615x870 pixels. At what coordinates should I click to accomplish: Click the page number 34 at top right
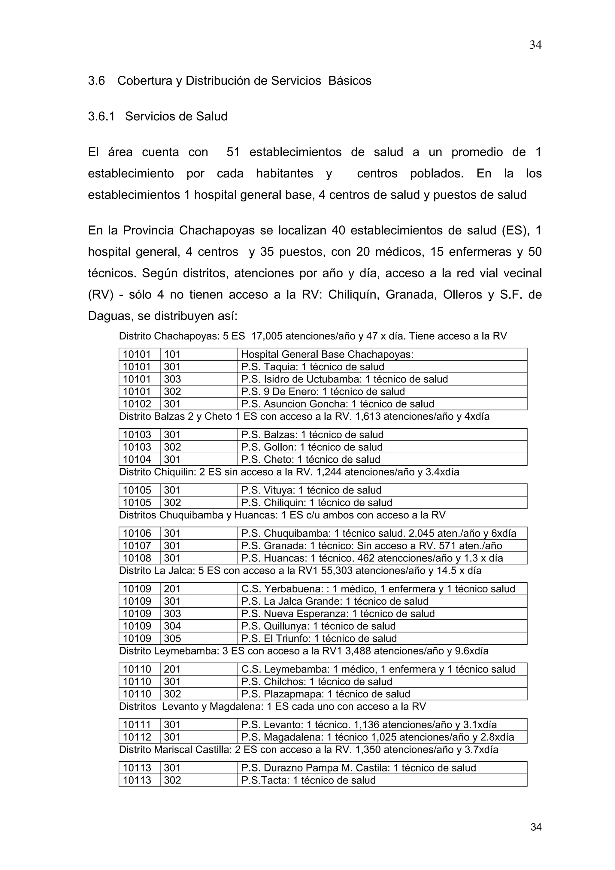tap(535, 45)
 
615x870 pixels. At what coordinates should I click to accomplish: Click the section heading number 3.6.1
tap(101, 116)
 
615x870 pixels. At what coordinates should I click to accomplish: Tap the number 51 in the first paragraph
tap(233, 152)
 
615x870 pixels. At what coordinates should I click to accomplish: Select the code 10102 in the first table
tap(137, 404)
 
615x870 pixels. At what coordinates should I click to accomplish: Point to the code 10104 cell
tap(137, 459)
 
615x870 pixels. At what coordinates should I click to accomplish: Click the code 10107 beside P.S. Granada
tap(137, 546)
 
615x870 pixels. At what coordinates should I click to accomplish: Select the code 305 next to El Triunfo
tap(172, 639)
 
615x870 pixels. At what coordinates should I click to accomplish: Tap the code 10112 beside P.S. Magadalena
tap(137, 737)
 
